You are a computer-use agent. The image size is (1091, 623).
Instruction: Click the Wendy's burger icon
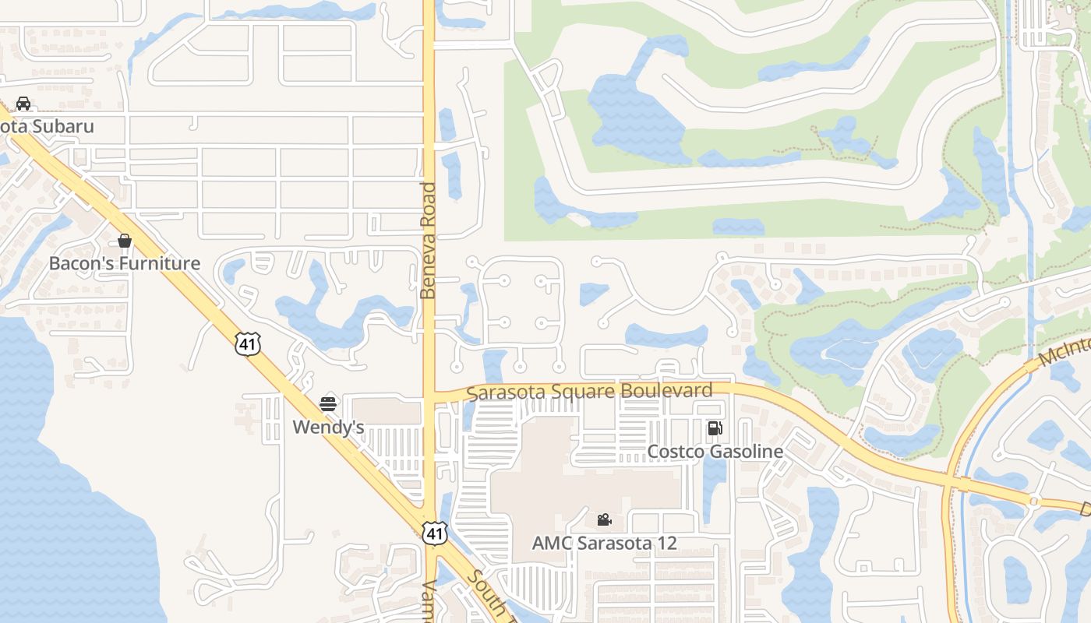[328, 404]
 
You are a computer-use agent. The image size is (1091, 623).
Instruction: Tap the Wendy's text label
[328, 428]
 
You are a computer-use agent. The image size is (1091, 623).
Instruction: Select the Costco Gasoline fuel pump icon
[715, 428]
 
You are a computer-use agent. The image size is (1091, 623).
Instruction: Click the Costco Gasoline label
[715, 452]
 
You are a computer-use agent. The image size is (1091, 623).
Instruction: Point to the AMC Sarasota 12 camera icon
[604, 519]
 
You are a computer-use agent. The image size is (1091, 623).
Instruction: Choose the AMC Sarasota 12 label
[604, 543]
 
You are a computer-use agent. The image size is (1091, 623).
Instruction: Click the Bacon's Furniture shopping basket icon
[125, 241]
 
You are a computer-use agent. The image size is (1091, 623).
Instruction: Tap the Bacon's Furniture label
[125, 263]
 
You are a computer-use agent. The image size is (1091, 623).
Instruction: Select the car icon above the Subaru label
[23, 104]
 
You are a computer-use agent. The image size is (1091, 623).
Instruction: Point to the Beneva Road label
[428, 241]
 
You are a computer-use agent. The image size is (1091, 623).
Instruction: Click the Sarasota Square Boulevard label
[590, 391]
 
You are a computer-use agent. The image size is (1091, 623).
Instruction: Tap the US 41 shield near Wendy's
[248, 343]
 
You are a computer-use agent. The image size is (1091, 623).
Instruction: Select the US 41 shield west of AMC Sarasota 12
[435, 533]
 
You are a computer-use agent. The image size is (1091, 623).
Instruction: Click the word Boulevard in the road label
[672, 391]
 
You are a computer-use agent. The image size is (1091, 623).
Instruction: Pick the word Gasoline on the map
[745, 452]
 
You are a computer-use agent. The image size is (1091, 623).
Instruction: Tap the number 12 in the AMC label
[666, 543]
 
